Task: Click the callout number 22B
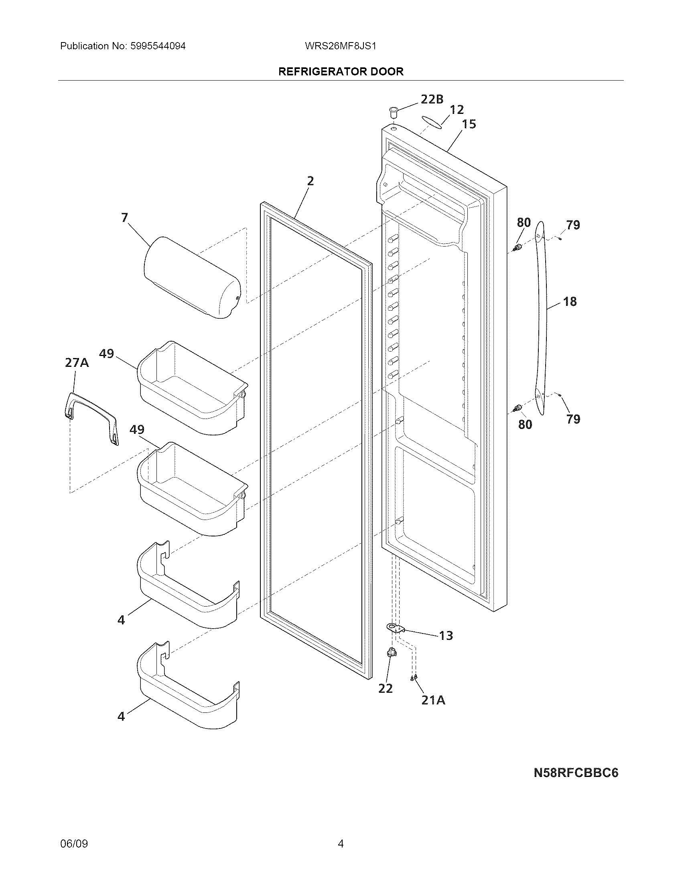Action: tap(432, 99)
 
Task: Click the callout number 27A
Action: tap(77, 363)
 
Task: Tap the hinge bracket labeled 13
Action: tap(395, 627)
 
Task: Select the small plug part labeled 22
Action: tap(391, 663)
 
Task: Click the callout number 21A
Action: tap(433, 700)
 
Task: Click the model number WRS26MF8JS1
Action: tap(341, 46)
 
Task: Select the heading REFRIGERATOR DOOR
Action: tap(341, 71)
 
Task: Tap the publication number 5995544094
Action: tap(158, 46)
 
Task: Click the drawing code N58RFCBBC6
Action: tap(576, 773)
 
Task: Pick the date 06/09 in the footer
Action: tap(74, 844)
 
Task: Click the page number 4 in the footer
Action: tap(341, 844)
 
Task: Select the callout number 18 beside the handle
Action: tap(570, 301)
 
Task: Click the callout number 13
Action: tap(446, 636)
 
